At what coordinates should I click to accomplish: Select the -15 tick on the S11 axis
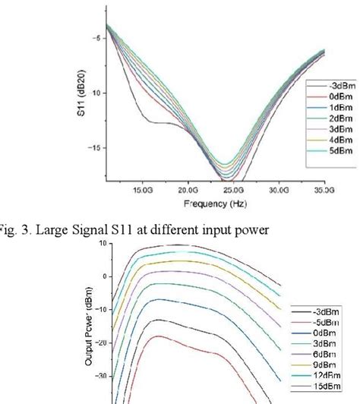pos(87,148)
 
